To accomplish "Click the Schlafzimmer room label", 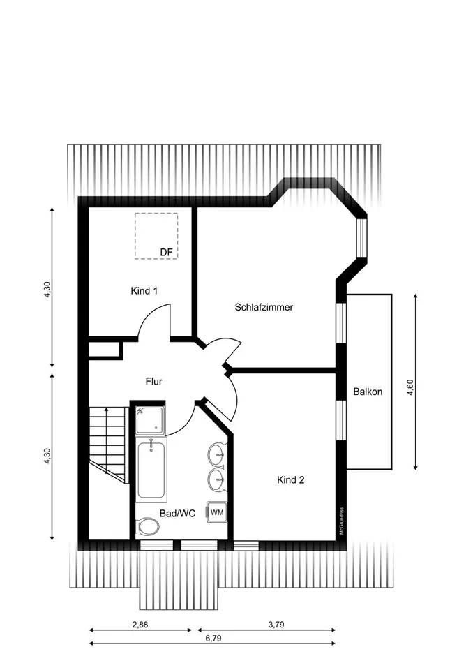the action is click(264, 307).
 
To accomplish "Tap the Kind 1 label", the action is click(144, 291).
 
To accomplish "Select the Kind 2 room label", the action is click(290, 480).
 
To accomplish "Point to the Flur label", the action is click(153, 381).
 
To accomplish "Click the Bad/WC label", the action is click(177, 513).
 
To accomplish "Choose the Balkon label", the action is click(368, 392).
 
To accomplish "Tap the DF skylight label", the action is click(166, 253).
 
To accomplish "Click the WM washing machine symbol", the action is click(217, 512).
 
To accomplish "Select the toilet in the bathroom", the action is click(147, 528).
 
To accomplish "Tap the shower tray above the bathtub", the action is click(150, 420).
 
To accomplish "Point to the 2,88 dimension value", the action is click(140, 624).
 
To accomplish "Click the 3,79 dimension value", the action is click(276, 624).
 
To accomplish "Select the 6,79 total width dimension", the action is click(213, 639).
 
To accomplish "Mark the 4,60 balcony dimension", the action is click(410, 387).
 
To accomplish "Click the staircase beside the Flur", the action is click(108, 445).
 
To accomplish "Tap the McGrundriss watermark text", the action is click(342, 521).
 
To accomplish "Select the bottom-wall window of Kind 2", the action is click(246, 546).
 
